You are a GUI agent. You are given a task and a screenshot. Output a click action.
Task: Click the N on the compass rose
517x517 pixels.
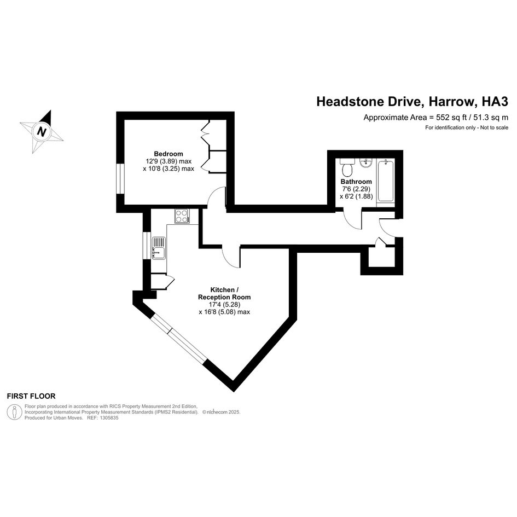click(x=42, y=131)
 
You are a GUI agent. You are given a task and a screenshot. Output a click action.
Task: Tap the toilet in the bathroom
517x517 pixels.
click(x=347, y=167)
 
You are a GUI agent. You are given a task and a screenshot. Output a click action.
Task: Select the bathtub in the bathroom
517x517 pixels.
click(x=386, y=181)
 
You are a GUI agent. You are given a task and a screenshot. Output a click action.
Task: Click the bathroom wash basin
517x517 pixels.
click(x=366, y=163)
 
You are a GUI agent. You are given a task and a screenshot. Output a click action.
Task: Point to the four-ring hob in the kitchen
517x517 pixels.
click(x=182, y=216)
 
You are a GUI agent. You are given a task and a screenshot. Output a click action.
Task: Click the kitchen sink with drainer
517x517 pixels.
click(x=159, y=248)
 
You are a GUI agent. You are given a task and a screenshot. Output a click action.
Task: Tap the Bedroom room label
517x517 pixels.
click(x=169, y=154)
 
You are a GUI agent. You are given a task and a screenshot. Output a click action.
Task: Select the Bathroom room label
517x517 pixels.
click(x=356, y=182)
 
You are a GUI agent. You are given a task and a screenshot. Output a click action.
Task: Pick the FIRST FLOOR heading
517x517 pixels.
click(x=31, y=396)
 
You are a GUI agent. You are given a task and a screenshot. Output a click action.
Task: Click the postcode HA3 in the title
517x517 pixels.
click(x=495, y=102)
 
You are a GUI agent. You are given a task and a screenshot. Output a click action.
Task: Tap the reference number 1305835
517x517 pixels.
click(x=108, y=418)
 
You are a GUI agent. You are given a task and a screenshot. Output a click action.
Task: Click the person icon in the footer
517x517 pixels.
click(x=15, y=412)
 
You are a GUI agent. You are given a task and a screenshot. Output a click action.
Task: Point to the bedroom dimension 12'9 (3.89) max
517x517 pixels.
click(x=169, y=161)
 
